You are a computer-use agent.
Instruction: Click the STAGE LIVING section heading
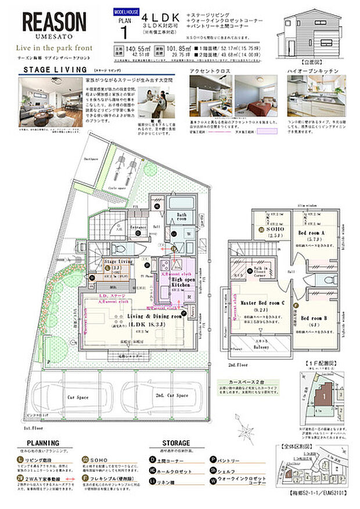48,70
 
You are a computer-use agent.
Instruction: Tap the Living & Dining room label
139,317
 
